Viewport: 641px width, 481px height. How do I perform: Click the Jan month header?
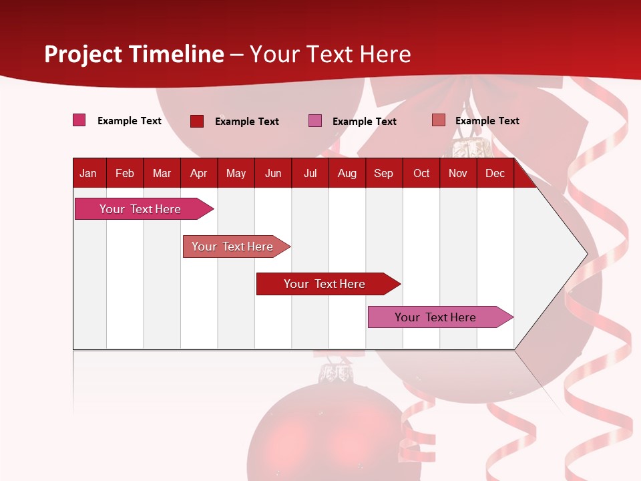coord(89,174)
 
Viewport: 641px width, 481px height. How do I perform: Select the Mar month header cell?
coord(162,174)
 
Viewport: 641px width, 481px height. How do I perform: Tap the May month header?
coord(236,174)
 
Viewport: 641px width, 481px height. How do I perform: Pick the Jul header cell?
coord(310,174)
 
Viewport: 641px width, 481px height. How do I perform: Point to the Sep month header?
coord(383,174)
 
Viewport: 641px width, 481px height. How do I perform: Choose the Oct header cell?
coord(421,174)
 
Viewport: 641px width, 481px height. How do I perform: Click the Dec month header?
coord(495,174)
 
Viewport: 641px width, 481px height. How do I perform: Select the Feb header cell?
coord(125,174)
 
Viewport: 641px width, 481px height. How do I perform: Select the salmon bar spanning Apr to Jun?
coord(234,247)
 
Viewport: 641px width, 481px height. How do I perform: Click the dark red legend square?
coord(197,121)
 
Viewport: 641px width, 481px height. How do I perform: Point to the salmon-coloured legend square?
coord(438,120)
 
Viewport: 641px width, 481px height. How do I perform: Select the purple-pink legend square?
coord(315,121)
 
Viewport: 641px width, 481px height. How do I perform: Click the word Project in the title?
coord(82,54)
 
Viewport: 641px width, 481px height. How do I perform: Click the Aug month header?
coord(347,174)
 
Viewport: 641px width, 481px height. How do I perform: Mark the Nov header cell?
coord(458,174)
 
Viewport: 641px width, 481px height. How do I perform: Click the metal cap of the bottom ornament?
coord(337,374)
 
